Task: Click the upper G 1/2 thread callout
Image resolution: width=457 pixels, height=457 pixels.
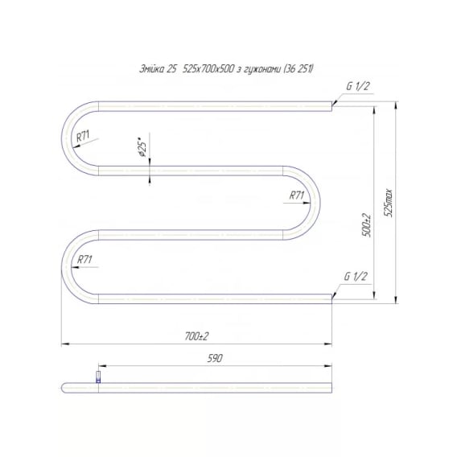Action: (358, 86)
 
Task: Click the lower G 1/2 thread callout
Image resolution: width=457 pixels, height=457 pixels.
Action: (356, 276)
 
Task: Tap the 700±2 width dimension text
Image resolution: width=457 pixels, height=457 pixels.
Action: (197, 336)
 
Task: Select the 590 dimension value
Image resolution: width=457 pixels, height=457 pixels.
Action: (215, 358)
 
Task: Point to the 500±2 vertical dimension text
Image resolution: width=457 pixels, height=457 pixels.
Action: (368, 225)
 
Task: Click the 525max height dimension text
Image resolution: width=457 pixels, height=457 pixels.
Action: (389, 203)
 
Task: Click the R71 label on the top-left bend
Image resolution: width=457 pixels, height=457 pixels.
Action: (83, 136)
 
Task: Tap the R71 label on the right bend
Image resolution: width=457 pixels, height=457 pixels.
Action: (297, 196)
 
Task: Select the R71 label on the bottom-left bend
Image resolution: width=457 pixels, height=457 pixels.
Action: (84, 259)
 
